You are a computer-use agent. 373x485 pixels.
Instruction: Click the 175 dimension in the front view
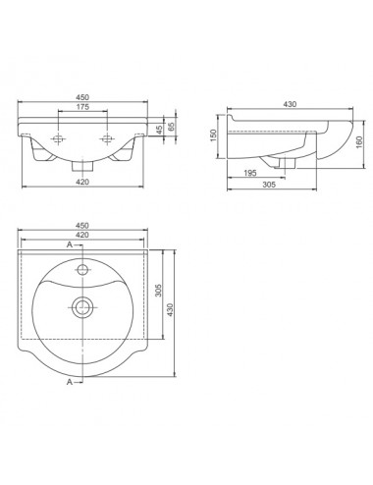pos(82,107)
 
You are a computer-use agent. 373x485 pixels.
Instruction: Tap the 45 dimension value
pos(159,130)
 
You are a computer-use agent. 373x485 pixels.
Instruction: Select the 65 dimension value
pos(171,127)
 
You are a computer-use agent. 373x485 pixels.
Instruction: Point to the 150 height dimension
pos(213,135)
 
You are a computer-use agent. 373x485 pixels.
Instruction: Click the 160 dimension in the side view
pos(359,142)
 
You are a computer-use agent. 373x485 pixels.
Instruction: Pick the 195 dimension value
pos(250,173)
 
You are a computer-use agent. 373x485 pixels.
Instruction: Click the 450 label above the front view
pos(82,97)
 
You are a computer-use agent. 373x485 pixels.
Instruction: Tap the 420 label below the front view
pos(82,182)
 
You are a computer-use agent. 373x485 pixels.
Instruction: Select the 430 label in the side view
pos(290,104)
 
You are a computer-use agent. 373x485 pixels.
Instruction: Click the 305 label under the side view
pos(269,185)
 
